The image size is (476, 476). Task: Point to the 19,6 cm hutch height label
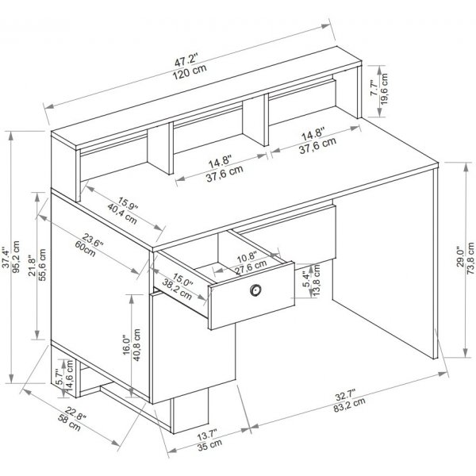386,89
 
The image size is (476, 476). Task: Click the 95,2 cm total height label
18,257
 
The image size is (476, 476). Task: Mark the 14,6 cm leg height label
70,378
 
